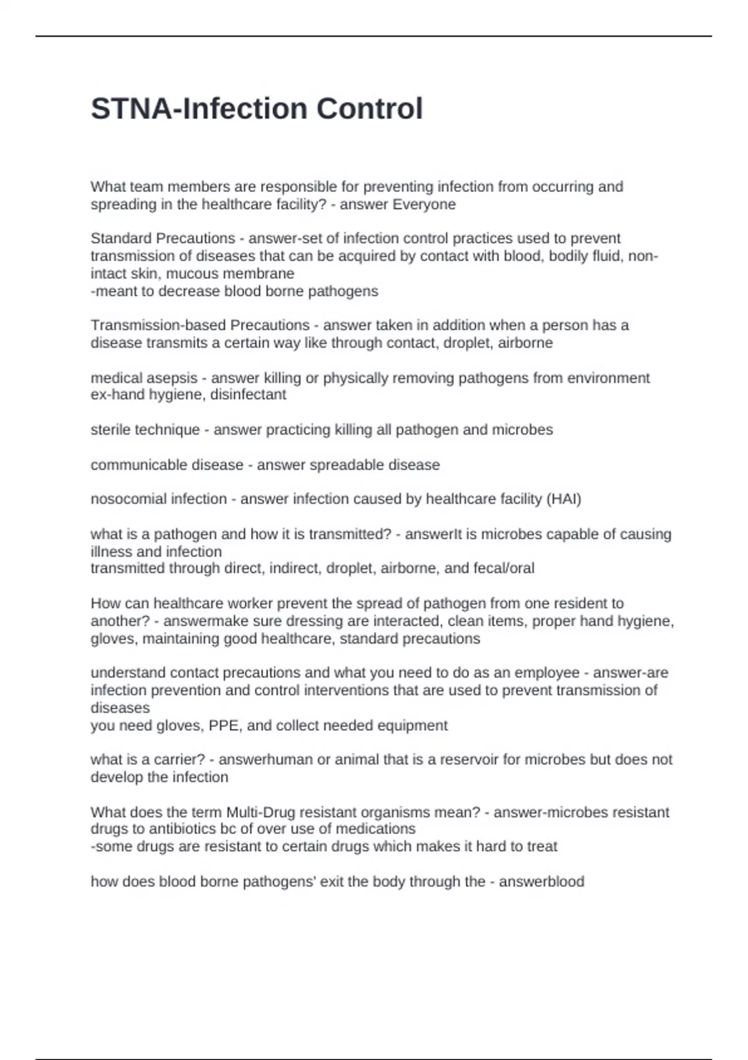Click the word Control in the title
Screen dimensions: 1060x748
(370, 108)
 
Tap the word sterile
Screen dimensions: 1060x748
(114, 430)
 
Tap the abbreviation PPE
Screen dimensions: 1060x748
(228, 726)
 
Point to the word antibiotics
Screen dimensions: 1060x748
(181, 829)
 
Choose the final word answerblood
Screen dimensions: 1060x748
(542, 882)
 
